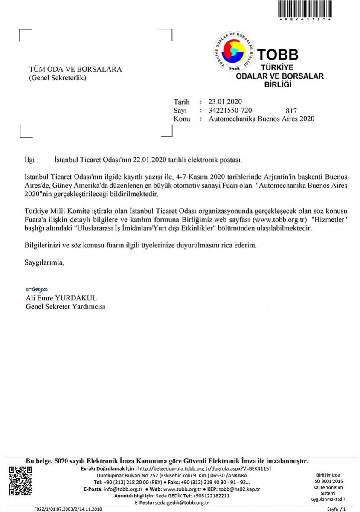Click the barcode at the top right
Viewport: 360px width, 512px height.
point(305,9)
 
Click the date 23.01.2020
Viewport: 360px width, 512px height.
point(225,102)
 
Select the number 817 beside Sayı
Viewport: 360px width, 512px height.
point(292,110)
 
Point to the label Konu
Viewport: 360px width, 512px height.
point(182,119)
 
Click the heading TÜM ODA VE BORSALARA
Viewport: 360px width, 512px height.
point(75,69)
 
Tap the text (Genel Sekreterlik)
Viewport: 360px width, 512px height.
point(58,78)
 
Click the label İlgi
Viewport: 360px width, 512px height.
point(31,160)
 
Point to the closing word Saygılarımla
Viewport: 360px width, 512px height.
point(44,262)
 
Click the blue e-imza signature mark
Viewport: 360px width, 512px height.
point(36,289)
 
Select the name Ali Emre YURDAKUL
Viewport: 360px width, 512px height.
point(61,298)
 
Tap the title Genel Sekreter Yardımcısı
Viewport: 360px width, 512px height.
point(65,306)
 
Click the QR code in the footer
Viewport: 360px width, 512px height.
point(20,481)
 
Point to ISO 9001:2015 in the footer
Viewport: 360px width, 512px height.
point(328,481)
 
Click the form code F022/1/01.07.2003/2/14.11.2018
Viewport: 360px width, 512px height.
point(68,509)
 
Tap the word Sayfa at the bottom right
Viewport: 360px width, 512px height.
point(332,509)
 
